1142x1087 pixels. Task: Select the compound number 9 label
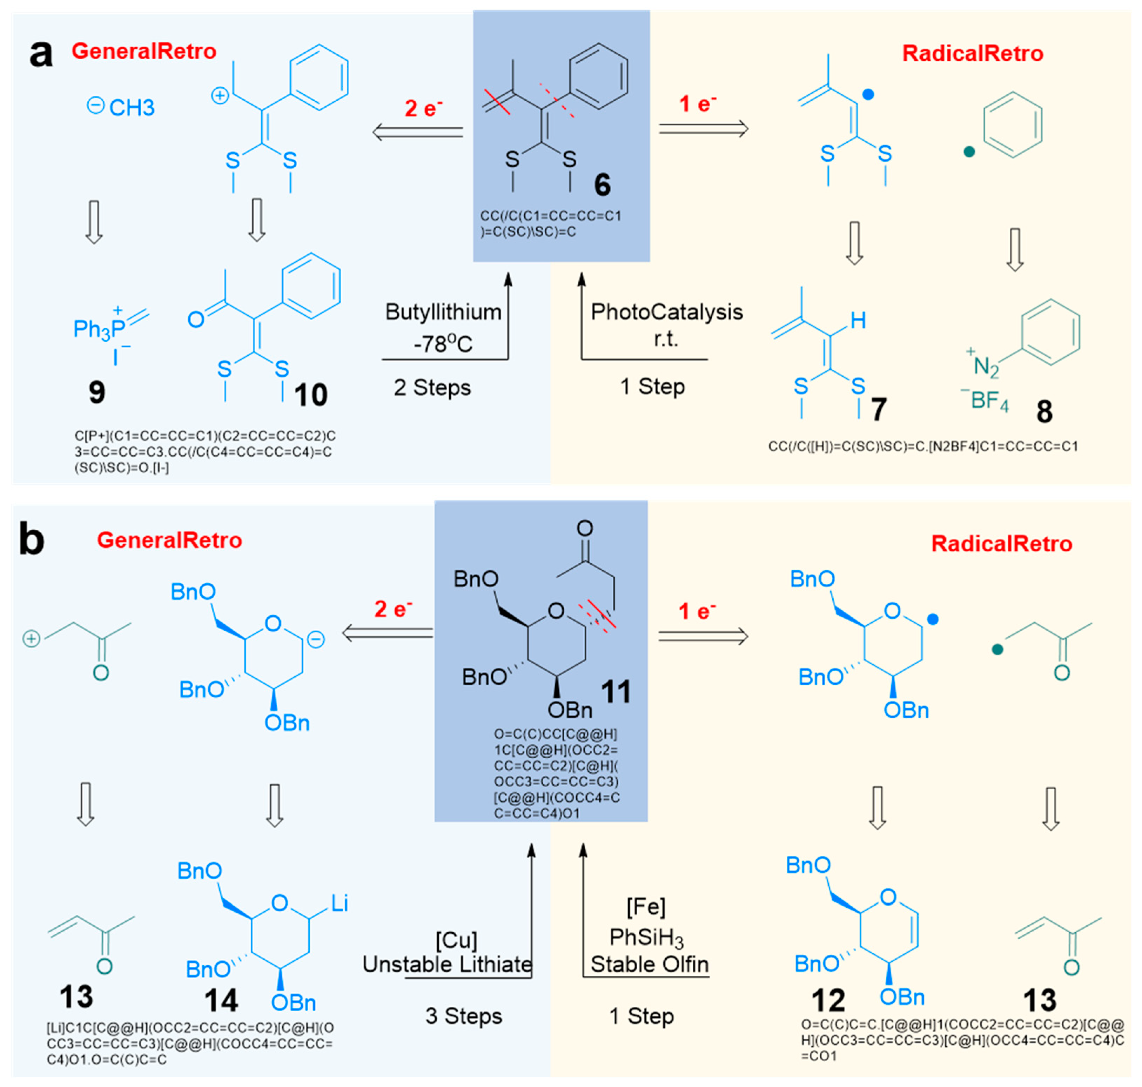point(97,392)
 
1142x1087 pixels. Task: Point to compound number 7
point(878,410)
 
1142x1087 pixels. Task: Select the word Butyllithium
point(443,312)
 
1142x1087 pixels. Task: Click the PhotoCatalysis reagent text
point(666,312)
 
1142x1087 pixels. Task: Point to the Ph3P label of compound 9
point(99,329)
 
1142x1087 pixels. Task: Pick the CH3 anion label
point(132,108)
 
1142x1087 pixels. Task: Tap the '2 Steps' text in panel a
point(432,388)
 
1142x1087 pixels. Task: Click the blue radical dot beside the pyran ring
point(932,619)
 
